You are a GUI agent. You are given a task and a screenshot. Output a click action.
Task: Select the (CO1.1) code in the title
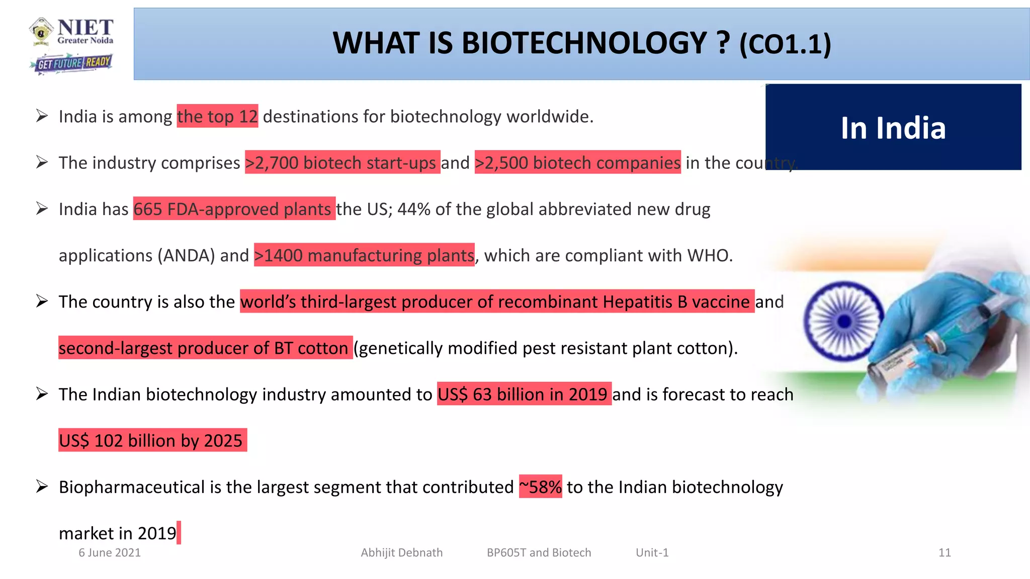(x=785, y=45)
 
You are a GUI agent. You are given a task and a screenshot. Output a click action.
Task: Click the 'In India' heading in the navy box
(x=893, y=128)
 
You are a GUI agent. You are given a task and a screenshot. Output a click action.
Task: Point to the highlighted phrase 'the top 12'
(x=217, y=116)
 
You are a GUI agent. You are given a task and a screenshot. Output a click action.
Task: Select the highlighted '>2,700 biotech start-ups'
(x=342, y=162)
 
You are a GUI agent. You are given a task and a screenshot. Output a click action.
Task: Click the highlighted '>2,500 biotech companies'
(x=577, y=162)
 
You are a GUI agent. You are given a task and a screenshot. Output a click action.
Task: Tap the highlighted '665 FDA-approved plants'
(x=234, y=209)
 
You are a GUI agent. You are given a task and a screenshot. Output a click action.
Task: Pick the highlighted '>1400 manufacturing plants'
(x=364, y=255)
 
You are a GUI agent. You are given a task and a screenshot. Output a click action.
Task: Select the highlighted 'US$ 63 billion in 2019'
(x=524, y=394)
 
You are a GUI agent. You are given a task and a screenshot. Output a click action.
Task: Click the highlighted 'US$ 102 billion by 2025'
(x=152, y=440)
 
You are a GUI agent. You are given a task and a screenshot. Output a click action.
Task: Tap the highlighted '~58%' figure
(x=540, y=487)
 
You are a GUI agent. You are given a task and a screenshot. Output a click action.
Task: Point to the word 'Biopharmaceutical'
(x=132, y=487)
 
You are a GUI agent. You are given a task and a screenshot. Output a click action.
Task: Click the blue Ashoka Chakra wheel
(x=844, y=321)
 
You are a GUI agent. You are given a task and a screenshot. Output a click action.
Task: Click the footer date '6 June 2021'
(x=110, y=552)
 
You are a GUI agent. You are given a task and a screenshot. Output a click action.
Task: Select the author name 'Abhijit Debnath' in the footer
(x=401, y=552)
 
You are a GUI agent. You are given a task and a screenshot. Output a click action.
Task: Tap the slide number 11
(x=945, y=552)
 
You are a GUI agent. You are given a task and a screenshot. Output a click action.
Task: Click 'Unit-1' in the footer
(x=652, y=552)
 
